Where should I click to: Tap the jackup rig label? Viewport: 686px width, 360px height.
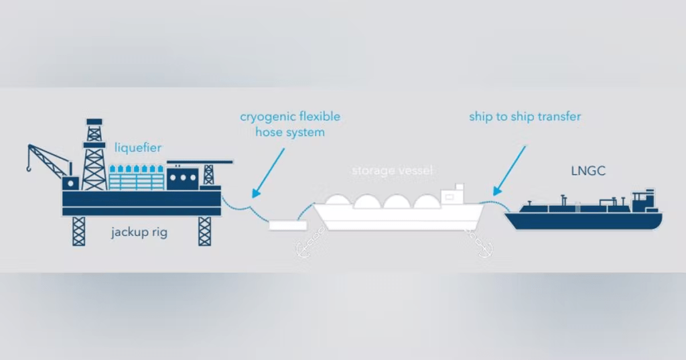pos(139,233)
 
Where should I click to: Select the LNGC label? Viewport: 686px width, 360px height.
pos(589,171)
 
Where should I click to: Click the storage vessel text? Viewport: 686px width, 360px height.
pos(393,171)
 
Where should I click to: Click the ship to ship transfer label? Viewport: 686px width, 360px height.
pos(525,117)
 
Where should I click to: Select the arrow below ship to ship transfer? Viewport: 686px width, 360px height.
pos(511,168)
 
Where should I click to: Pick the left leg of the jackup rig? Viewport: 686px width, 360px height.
pos(79,231)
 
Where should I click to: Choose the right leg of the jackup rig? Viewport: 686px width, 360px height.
pos(204,231)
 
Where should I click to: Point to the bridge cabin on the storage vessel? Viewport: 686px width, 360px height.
pos(456,194)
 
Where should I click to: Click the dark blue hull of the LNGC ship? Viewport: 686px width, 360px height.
pos(583,221)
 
